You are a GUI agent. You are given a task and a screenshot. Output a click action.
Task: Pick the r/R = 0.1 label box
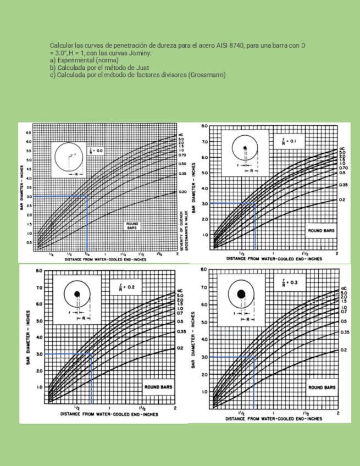pos(289,141)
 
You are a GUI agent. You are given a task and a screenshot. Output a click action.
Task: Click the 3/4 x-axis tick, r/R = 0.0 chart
pos(87,254)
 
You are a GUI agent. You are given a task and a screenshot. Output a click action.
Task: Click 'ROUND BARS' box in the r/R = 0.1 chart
pos(320,231)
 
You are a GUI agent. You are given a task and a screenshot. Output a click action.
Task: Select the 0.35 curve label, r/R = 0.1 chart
pos(342,185)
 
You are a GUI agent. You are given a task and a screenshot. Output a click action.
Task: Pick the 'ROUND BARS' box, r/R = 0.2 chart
pos(158,387)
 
